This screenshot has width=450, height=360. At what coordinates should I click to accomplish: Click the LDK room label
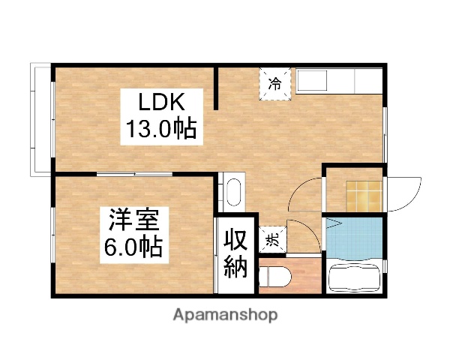pos(159,102)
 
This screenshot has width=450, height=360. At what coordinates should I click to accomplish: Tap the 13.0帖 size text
pos(160,129)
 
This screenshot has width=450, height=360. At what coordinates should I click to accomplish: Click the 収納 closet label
pos(234,254)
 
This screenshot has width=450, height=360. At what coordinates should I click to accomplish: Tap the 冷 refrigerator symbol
pos(275,82)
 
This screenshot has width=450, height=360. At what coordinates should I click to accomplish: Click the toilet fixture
pos(273,277)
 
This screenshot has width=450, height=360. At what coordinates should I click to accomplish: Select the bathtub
pos(356,279)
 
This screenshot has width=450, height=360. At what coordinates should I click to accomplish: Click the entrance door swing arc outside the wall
pos(406,195)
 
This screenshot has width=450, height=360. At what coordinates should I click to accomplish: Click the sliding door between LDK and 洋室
pos(135,174)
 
